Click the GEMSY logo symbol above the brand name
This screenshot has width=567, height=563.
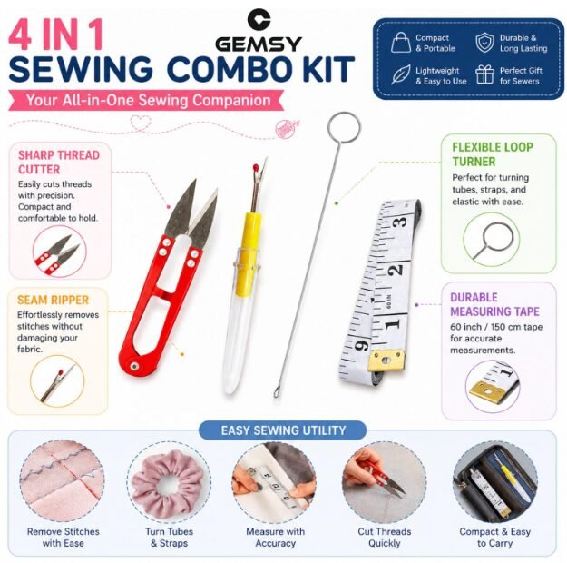[x=259, y=19]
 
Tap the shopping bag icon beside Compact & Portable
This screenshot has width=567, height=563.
[x=401, y=43]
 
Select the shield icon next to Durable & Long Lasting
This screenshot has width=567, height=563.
[x=484, y=43]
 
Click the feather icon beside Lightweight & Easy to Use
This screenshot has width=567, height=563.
[x=401, y=74]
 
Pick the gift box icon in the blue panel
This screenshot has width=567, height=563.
[x=484, y=74]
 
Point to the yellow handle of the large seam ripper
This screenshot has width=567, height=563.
[x=249, y=254]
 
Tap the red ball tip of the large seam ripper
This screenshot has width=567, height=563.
[x=256, y=167]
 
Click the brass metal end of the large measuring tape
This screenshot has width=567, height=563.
[x=386, y=360]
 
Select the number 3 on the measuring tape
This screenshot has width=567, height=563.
[x=400, y=222]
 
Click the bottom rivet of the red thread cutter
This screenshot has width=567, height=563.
[x=134, y=366]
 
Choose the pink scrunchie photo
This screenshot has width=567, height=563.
[x=168, y=480]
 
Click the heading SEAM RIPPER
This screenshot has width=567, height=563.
[x=54, y=301]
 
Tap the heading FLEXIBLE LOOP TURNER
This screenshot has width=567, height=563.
[x=493, y=154]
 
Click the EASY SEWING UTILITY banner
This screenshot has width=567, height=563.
[x=283, y=430]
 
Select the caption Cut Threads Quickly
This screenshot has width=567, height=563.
[x=385, y=538]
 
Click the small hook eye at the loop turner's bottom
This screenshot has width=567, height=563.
[x=277, y=392]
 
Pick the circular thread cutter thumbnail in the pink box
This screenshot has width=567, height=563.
[x=60, y=252]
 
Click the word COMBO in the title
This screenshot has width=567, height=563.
[x=239, y=69]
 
